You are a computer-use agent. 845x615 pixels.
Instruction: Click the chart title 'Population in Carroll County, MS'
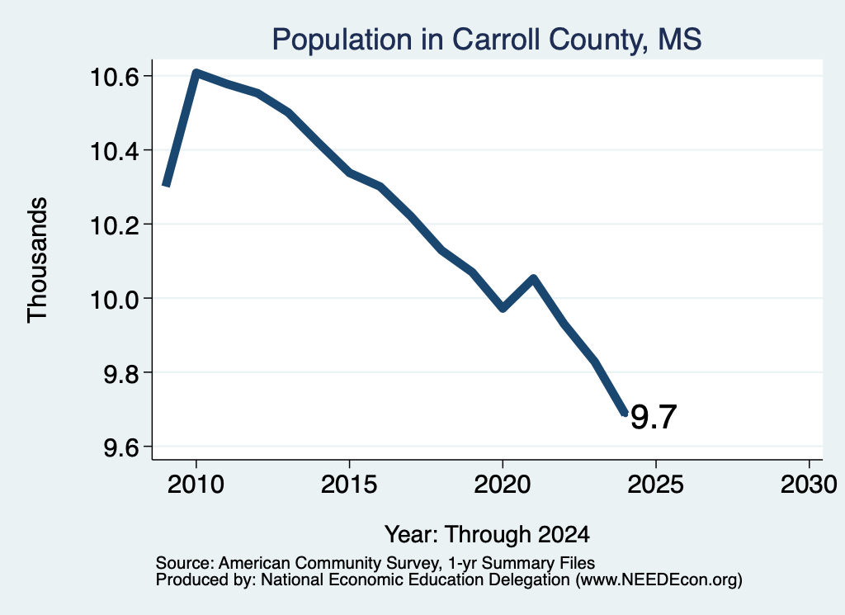click(x=487, y=40)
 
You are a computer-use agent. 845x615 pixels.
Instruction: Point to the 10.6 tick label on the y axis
click(x=114, y=77)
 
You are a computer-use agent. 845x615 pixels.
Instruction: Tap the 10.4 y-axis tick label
click(x=114, y=151)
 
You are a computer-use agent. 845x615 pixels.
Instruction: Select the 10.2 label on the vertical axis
click(x=114, y=225)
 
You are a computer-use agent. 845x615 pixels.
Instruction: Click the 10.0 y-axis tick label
click(x=114, y=299)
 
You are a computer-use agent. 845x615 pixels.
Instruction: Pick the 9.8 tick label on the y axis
click(x=121, y=373)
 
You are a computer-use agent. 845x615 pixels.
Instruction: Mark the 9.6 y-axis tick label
click(x=121, y=447)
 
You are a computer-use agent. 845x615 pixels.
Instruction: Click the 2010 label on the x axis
click(x=196, y=484)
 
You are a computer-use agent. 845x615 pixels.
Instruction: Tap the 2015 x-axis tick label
click(x=349, y=484)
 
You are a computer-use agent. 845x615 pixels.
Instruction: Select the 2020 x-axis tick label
click(x=503, y=484)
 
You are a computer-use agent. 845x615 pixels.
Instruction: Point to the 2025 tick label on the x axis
click(x=655, y=484)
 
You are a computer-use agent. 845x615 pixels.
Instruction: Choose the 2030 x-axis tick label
click(x=809, y=484)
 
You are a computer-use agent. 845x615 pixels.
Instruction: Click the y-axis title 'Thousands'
click(x=38, y=260)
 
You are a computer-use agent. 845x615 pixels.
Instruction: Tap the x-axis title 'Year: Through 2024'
click(x=487, y=534)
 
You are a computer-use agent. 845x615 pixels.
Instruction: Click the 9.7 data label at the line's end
click(x=654, y=417)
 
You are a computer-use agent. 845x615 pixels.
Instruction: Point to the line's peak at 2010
click(x=196, y=73)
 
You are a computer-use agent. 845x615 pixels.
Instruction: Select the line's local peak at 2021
click(x=534, y=278)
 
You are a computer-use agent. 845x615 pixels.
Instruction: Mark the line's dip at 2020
click(x=503, y=308)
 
